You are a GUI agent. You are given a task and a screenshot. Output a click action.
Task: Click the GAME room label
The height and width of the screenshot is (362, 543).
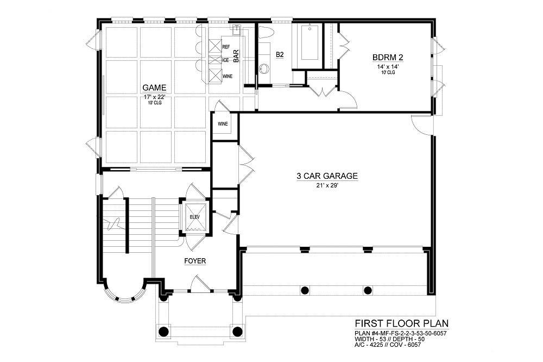click(154, 88)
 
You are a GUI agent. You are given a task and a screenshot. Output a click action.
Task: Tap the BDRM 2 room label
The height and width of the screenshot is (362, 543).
click(388, 57)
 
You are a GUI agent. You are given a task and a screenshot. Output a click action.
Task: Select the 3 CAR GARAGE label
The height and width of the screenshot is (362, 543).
click(327, 176)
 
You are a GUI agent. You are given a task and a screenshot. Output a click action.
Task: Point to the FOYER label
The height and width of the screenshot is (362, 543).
click(195, 261)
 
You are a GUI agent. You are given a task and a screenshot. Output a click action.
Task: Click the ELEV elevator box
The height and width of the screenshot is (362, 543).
click(195, 217)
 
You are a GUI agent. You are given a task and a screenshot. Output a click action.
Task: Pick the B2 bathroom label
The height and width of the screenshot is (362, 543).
click(280, 54)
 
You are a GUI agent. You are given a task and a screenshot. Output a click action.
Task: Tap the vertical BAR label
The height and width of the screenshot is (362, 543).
click(237, 56)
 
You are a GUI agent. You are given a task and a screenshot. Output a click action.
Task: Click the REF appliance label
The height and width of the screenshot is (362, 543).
click(226, 46)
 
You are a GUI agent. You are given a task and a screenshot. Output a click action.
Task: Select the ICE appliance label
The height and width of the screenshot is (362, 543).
click(225, 60)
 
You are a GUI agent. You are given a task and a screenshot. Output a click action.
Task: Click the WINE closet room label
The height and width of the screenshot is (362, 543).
click(223, 124)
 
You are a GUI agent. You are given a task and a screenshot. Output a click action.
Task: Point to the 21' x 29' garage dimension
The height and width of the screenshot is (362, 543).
click(327, 185)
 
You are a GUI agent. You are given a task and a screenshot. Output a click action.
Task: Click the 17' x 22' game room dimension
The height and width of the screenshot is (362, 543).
click(154, 97)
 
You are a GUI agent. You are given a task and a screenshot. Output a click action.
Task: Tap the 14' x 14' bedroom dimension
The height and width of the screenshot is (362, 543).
click(388, 66)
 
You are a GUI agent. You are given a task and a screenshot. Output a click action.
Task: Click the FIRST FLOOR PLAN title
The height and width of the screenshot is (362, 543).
click(402, 323)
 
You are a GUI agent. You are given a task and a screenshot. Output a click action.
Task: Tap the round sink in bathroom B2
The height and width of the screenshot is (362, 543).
click(263, 69)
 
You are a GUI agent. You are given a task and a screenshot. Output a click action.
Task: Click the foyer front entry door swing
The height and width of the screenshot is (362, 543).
click(200, 283)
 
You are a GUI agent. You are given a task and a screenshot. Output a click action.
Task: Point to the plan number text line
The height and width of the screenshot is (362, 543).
click(401, 334)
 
